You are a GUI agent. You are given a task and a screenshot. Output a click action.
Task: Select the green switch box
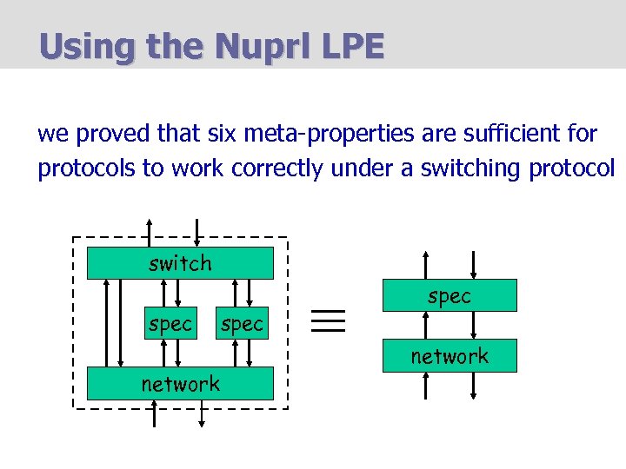180,263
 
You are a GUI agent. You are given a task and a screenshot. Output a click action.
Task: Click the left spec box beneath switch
170,323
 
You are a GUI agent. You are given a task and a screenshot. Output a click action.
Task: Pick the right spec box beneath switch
242,323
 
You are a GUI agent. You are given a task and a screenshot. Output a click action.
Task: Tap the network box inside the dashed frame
180,383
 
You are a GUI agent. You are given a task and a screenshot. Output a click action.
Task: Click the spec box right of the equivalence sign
450,295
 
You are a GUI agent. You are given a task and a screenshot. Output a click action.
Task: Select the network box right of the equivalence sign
450,355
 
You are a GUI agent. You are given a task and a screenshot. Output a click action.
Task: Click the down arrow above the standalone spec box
473,264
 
